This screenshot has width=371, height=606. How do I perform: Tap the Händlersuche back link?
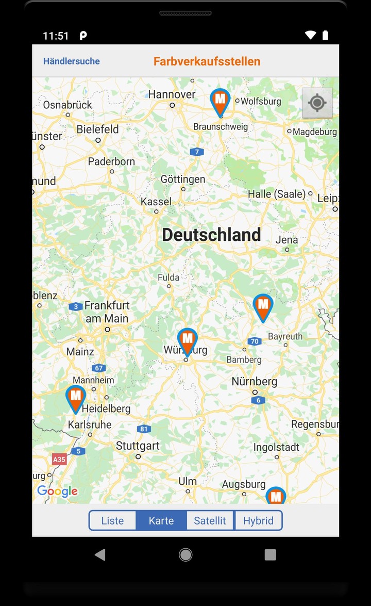[x=71, y=61]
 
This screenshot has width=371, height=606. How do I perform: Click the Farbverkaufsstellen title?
[x=207, y=61]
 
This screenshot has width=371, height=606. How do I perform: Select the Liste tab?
[x=112, y=520]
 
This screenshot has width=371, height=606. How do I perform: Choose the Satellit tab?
[x=210, y=520]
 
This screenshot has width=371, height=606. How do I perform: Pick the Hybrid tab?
[x=258, y=520]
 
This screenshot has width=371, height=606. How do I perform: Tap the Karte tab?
[x=161, y=520]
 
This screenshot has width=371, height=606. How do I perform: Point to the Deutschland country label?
[x=211, y=235]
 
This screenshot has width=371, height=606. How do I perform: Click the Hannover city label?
[x=172, y=94]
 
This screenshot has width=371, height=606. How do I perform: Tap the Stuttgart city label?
[x=138, y=446]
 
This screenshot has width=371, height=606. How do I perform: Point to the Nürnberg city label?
[x=254, y=382]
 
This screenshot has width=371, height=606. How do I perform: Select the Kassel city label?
[x=156, y=201]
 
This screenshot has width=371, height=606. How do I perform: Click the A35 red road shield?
[x=59, y=459]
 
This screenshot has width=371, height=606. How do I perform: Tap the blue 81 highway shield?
[x=144, y=429]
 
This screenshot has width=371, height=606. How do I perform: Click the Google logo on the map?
[x=57, y=491]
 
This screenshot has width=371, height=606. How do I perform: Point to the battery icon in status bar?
[x=325, y=35]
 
